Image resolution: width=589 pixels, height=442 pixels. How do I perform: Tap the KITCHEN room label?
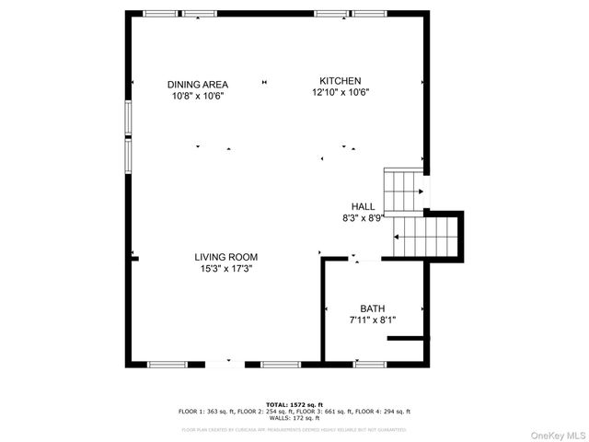(x=340, y=80)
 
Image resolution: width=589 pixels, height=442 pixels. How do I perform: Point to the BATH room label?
(x=372, y=308)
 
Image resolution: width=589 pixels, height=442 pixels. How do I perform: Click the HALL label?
(x=363, y=206)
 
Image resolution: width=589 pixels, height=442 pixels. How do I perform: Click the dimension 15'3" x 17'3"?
(x=226, y=269)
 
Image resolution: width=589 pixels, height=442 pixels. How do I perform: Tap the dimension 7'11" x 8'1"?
(x=372, y=320)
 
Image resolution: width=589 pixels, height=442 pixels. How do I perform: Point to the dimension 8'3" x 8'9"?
(x=363, y=218)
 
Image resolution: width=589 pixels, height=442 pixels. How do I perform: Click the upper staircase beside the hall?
(x=402, y=191)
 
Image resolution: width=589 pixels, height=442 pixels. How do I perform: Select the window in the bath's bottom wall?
(x=370, y=364)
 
